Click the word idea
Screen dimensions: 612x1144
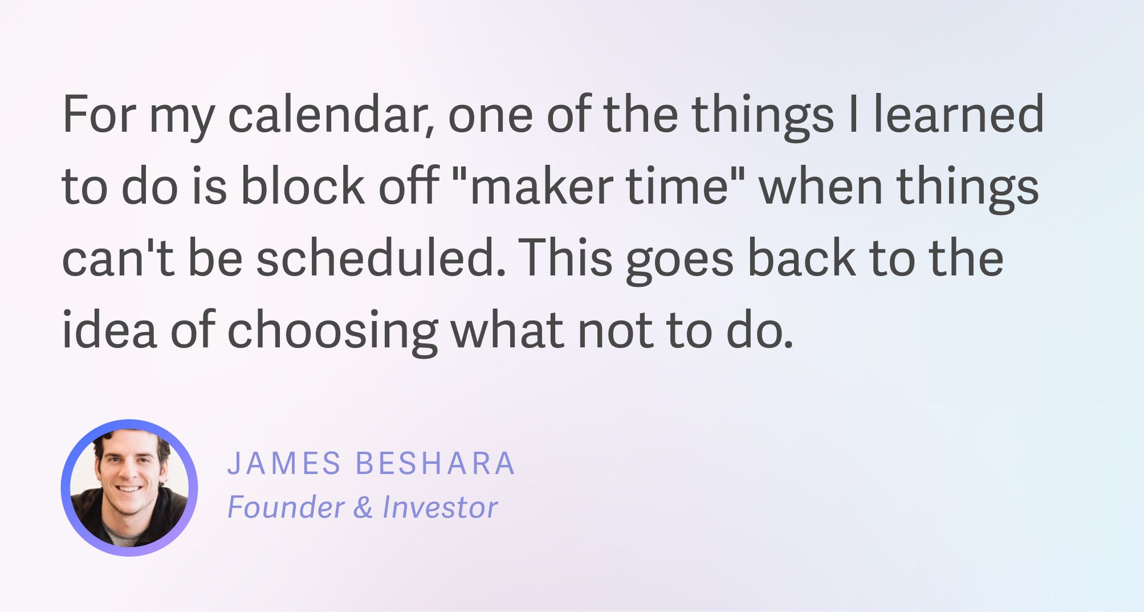pyautogui.click(x=109, y=330)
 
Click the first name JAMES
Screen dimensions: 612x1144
pyautogui.click(x=284, y=463)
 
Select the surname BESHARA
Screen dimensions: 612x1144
pyautogui.click(x=435, y=463)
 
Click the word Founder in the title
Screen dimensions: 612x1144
pyautogui.click(x=286, y=507)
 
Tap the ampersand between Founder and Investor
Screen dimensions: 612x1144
pyautogui.click(x=363, y=507)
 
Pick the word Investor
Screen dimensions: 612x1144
pyautogui.click(x=440, y=507)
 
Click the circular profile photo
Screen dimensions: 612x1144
pyautogui.click(x=129, y=488)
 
